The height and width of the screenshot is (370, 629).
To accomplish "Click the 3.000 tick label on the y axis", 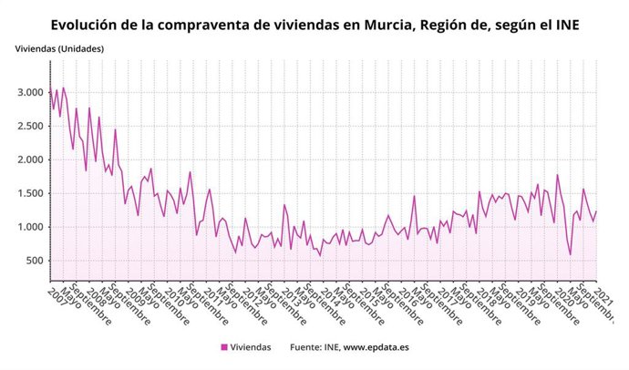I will [x=28, y=92].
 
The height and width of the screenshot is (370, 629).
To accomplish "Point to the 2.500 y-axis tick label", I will [x=28, y=126].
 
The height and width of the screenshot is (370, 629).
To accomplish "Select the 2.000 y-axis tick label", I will [x=28, y=159].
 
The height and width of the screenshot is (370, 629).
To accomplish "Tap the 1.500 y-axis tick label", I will [x=28, y=193].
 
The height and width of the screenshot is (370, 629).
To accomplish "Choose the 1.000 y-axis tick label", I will [x=28, y=227].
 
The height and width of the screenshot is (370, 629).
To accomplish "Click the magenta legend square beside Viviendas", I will [x=224, y=347].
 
